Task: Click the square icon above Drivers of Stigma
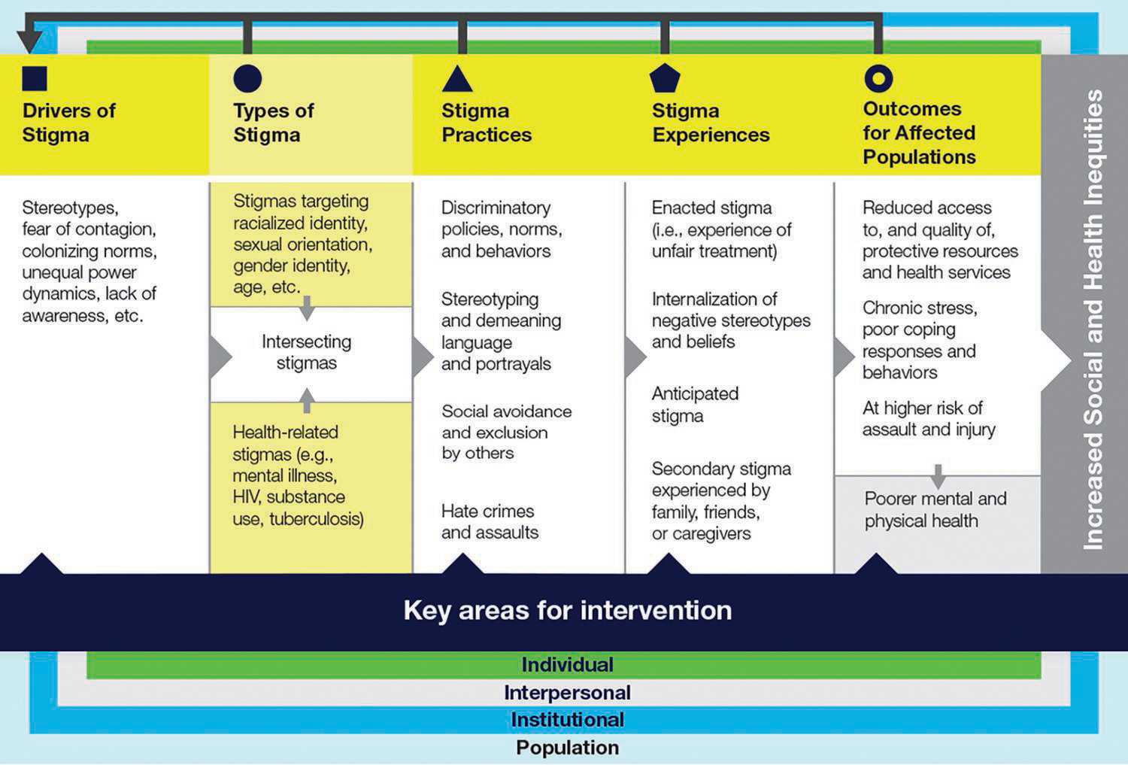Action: [x=35, y=78]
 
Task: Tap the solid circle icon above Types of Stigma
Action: [x=247, y=78]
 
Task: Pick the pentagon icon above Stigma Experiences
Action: [x=665, y=78]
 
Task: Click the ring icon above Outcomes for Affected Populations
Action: [x=878, y=78]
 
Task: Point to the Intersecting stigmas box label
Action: [x=306, y=352]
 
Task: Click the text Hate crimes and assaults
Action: [x=490, y=521]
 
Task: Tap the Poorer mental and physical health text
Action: [x=935, y=509]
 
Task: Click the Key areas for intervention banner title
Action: [x=567, y=610]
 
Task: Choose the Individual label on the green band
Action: [x=567, y=665]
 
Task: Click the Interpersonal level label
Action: [x=567, y=693]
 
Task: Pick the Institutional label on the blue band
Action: [x=567, y=720]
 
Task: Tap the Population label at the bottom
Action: [x=567, y=748]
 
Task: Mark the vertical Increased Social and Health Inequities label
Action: [x=1093, y=320]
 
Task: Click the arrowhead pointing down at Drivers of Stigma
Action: [x=29, y=41]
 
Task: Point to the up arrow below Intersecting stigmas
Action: [x=307, y=399]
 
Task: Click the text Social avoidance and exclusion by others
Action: [x=506, y=432]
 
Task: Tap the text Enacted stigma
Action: [x=711, y=208]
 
